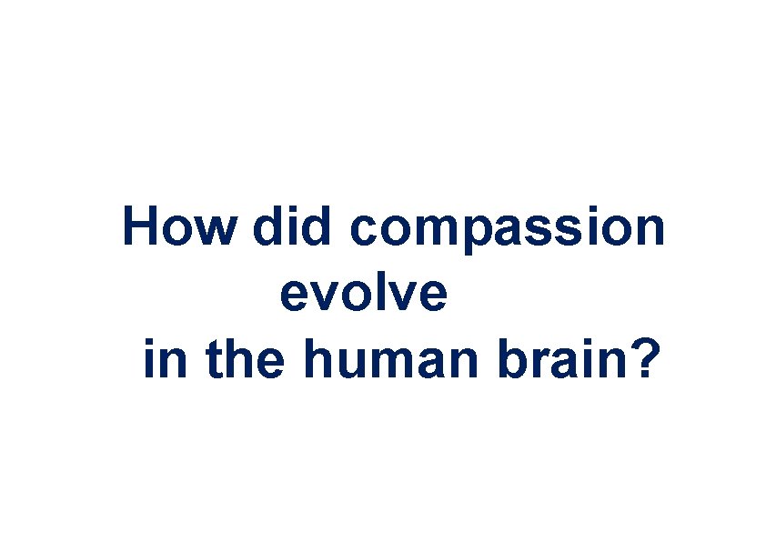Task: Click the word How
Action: pos(178,226)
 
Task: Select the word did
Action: pos(292,226)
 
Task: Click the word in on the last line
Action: pos(163,360)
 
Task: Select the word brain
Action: pos(561,360)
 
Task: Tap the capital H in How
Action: pos(141,226)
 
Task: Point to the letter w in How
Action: pos(215,233)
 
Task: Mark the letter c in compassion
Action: pos(363,233)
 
